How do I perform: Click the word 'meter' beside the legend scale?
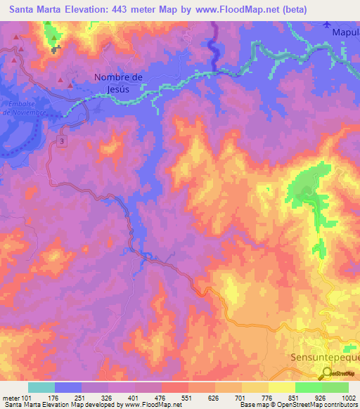coord(11,399)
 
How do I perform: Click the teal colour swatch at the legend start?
coord(41,387)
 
